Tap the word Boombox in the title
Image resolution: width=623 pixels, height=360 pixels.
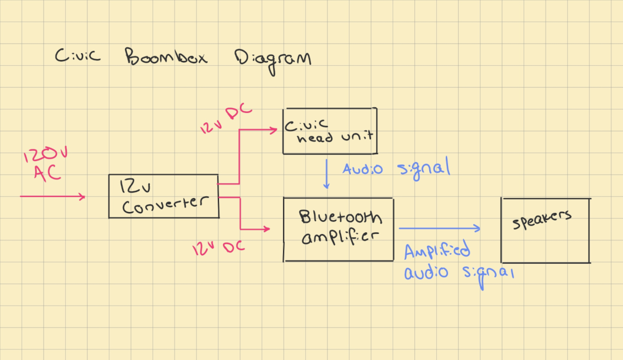[166, 57]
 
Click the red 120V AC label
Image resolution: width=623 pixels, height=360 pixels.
[47, 164]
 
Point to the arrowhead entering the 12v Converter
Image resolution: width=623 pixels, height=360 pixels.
[83, 196]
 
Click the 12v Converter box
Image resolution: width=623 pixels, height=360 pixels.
[164, 196]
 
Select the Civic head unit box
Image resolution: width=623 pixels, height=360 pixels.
[330, 131]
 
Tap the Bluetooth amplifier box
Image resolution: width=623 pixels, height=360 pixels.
[338, 229]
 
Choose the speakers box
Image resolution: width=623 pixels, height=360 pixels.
[545, 230]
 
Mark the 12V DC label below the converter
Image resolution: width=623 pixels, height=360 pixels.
[218, 248]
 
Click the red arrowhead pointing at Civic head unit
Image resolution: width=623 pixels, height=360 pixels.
[274, 130]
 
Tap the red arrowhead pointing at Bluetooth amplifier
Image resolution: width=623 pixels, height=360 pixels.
[266, 229]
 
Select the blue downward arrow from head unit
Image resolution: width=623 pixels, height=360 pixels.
[326, 174]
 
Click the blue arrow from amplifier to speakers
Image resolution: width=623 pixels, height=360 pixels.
[439, 228]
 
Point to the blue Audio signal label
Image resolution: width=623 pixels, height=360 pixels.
[396, 169]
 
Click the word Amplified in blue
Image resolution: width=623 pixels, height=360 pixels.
[437, 252]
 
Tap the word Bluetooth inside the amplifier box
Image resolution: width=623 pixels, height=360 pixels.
[341, 218]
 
